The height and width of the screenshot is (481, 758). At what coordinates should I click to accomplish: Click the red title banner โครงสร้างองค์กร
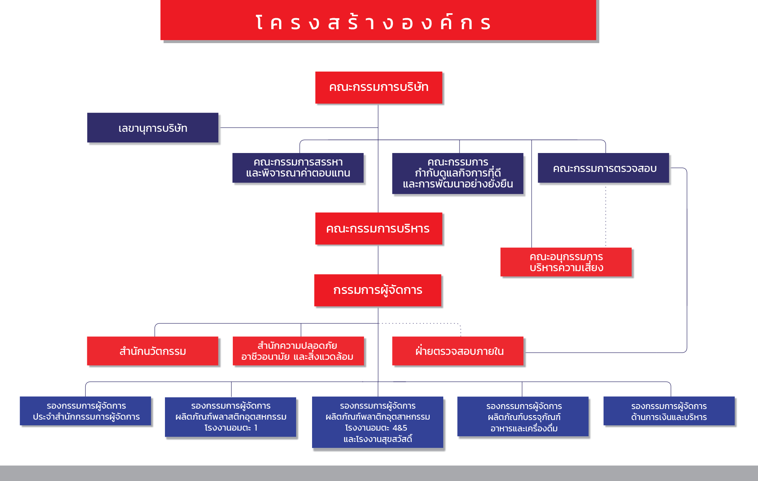[x=378, y=20]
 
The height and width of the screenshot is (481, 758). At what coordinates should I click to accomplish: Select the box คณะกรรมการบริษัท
[x=378, y=87]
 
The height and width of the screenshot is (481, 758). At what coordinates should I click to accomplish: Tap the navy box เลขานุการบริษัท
[x=153, y=128]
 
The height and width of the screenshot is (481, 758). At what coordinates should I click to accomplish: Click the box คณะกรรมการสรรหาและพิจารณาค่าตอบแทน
[x=298, y=168]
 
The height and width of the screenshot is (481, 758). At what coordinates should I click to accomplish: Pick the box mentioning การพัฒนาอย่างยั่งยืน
[x=458, y=173]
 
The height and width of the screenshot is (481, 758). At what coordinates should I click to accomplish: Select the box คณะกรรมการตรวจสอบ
[x=603, y=168]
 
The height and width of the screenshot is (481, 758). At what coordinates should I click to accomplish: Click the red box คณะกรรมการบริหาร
[x=378, y=228]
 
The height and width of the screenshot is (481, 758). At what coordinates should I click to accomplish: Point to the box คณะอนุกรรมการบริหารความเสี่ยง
[x=566, y=262]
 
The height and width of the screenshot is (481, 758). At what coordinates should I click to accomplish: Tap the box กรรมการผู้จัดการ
[x=378, y=290]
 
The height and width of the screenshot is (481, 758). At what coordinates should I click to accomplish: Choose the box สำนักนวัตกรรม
[x=153, y=351]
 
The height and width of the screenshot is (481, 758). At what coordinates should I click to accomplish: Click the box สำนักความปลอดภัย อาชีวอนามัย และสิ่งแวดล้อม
[x=298, y=351]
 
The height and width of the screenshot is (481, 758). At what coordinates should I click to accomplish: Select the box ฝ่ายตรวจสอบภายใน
[x=458, y=351]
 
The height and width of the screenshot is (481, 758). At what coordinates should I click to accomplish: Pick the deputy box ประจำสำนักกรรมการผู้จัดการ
[x=85, y=411]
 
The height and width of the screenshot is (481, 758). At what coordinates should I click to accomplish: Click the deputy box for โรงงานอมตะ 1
[x=231, y=417]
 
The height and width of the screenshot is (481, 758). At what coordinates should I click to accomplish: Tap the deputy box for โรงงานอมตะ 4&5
[x=378, y=422]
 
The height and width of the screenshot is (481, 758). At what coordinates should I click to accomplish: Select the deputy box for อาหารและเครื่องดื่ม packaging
[x=523, y=417]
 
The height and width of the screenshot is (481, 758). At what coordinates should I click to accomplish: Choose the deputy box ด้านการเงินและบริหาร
[x=669, y=411]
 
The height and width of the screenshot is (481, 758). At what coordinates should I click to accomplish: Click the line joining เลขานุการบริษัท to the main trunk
[x=299, y=128]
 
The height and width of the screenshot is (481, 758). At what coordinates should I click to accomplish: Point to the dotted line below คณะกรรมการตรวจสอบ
[x=606, y=216]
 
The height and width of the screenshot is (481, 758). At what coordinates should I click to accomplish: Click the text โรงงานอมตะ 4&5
[x=376, y=428]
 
